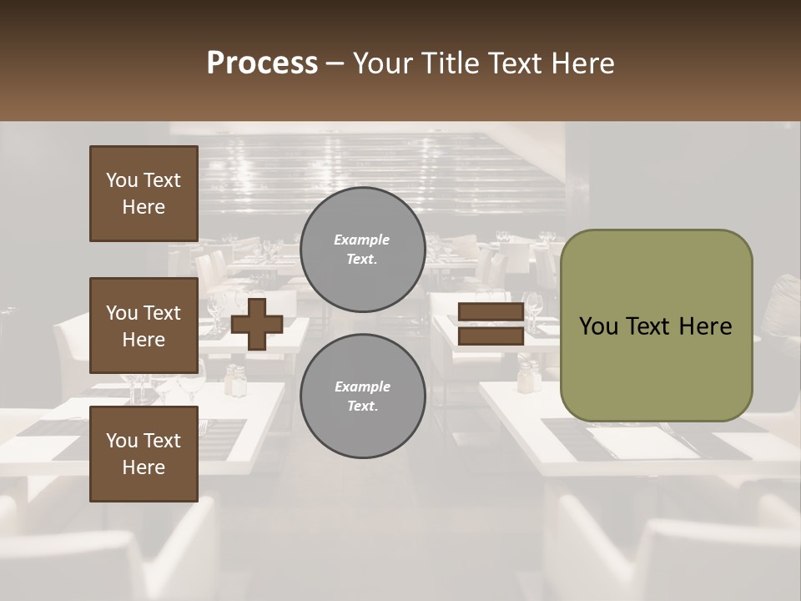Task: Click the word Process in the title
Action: (262, 63)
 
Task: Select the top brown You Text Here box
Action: (144, 194)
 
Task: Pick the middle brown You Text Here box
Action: (144, 326)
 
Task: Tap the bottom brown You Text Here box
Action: (144, 454)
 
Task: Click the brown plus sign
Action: (257, 323)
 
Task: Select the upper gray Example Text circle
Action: (362, 250)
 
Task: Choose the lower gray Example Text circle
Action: (362, 396)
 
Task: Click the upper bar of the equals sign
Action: (491, 312)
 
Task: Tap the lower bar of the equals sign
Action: (491, 336)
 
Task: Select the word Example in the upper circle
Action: (362, 240)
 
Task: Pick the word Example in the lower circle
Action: (362, 386)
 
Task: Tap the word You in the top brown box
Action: (121, 180)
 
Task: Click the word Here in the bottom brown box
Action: (144, 467)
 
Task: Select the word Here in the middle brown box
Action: (144, 340)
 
